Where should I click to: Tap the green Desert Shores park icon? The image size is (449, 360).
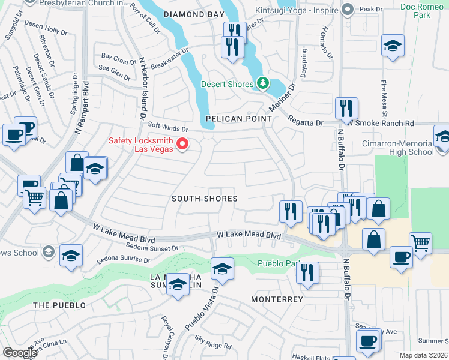262,84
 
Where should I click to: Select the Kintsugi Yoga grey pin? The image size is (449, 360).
346,9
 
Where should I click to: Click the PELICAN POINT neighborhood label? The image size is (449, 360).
239,119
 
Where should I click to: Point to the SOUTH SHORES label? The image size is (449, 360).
204,198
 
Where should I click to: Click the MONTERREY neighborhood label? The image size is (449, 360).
277,299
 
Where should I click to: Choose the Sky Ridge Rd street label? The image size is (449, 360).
213,346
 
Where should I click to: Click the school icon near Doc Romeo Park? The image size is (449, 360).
393,46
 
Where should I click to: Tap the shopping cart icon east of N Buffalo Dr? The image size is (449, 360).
421,244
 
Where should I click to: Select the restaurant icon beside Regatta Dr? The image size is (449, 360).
346,108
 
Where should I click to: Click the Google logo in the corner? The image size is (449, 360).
20,353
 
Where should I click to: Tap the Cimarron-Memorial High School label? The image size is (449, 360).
398,148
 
